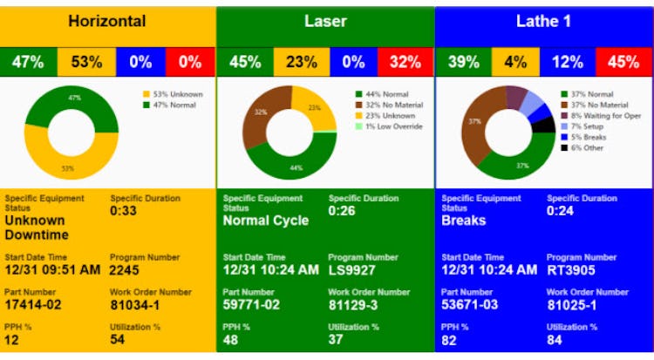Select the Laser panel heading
(x=325, y=21)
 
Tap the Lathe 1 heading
(x=543, y=21)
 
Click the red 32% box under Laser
(x=405, y=63)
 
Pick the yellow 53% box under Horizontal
(x=86, y=63)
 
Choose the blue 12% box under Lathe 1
(x=568, y=63)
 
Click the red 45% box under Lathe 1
(x=623, y=63)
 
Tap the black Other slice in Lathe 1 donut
(x=544, y=125)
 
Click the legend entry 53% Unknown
(x=180, y=94)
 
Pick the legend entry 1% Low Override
(x=393, y=126)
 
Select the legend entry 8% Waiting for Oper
(x=608, y=115)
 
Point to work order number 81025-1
(x=572, y=305)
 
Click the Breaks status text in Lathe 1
(x=464, y=221)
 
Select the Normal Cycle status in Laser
(x=266, y=221)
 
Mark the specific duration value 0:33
(x=124, y=210)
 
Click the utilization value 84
(x=555, y=340)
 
